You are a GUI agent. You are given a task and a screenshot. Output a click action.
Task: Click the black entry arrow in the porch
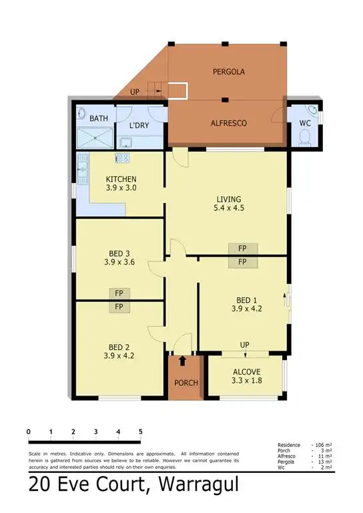182,361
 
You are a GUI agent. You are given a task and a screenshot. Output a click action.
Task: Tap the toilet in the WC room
305,137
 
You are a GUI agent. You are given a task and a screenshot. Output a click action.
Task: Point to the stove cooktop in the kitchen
123,159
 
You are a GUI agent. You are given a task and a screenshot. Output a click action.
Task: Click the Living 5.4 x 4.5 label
228,203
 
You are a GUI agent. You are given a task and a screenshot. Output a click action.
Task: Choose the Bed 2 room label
120,351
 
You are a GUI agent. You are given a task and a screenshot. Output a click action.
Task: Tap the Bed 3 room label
120,258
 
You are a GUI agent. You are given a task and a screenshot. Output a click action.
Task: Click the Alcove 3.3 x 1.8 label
246,377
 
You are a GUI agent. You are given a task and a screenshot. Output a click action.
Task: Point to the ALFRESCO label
229,124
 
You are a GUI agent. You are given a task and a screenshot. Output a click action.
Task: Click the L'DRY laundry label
139,126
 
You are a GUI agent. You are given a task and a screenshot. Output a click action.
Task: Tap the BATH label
99,119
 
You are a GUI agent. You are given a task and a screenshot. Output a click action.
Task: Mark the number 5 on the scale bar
141,432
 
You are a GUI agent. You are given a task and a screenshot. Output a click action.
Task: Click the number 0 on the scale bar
29,432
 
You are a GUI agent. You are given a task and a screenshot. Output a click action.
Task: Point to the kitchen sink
83,168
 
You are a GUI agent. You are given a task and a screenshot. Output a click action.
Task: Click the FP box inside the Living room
242,248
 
